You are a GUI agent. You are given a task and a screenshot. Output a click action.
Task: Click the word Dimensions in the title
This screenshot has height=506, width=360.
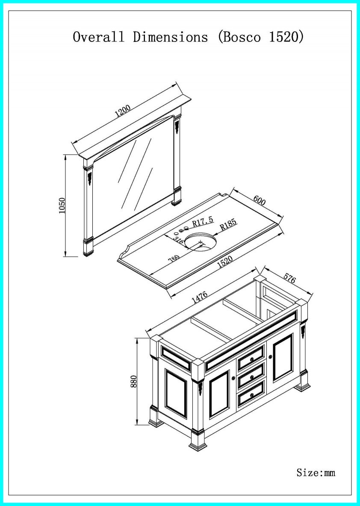pos(170,37)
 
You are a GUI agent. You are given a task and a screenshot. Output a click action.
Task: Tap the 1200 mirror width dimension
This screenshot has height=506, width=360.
pos(123,111)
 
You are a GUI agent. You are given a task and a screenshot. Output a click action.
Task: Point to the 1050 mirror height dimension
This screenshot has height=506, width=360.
pos(62,206)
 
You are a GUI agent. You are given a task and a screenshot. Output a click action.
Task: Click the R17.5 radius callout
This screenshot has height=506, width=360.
pos(202,223)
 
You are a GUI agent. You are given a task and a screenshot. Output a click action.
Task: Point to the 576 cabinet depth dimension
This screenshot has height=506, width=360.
pos(289,280)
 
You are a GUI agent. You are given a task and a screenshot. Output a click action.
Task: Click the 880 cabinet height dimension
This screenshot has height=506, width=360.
pos(133,381)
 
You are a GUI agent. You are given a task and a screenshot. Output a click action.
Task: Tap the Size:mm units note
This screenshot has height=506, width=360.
pos(316,472)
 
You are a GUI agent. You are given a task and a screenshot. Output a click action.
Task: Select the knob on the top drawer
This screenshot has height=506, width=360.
pos(252,359)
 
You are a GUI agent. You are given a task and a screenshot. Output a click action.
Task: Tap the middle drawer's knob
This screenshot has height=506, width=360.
pos(252,377)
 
